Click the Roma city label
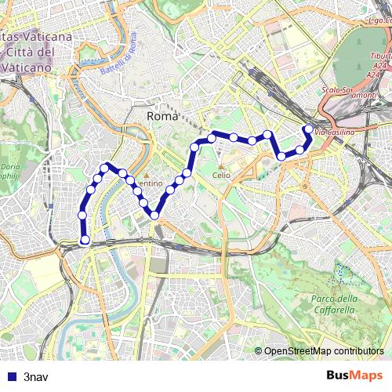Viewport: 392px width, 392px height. (163, 116)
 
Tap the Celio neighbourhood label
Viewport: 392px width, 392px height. (221, 175)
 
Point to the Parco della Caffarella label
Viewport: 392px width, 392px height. (334, 304)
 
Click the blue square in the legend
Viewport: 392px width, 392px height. (9, 376)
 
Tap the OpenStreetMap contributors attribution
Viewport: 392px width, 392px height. (323, 350)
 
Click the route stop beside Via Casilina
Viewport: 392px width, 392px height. (308, 129)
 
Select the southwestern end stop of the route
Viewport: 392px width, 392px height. (85, 240)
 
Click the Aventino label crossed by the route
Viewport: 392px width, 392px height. (146, 181)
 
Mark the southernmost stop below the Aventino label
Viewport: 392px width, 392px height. (154, 215)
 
